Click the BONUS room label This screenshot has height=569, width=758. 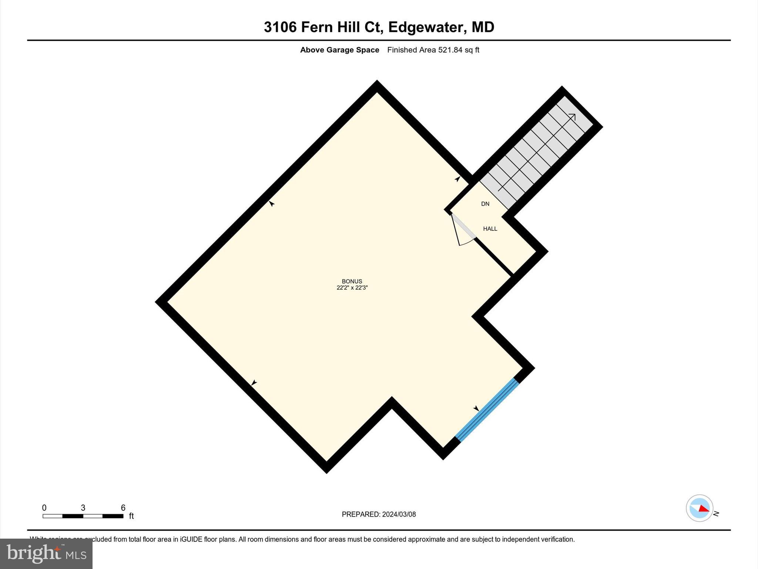pyautogui.click(x=352, y=281)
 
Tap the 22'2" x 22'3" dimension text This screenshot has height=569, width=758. pyautogui.click(x=352, y=288)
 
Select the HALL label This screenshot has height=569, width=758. pyautogui.click(x=490, y=229)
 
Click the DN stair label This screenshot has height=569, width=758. pyautogui.click(x=485, y=204)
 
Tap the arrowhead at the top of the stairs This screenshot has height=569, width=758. pyautogui.click(x=572, y=117)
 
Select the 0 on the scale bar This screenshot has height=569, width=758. pyautogui.click(x=44, y=508)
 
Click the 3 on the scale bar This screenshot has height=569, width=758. pyautogui.click(x=83, y=508)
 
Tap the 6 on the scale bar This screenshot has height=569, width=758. pyautogui.click(x=123, y=508)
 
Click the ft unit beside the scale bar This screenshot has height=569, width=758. pyautogui.click(x=131, y=516)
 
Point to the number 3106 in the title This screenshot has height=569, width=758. pyautogui.click(x=280, y=27)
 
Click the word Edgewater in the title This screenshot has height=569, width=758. pyautogui.click(x=425, y=27)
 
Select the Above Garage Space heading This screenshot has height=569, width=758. pyautogui.click(x=339, y=50)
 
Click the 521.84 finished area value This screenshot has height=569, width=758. pyautogui.click(x=450, y=50)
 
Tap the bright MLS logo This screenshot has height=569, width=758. pyautogui.click(x=46, y=553)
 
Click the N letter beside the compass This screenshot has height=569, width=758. pyautogui.click(x=716, y=513)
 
